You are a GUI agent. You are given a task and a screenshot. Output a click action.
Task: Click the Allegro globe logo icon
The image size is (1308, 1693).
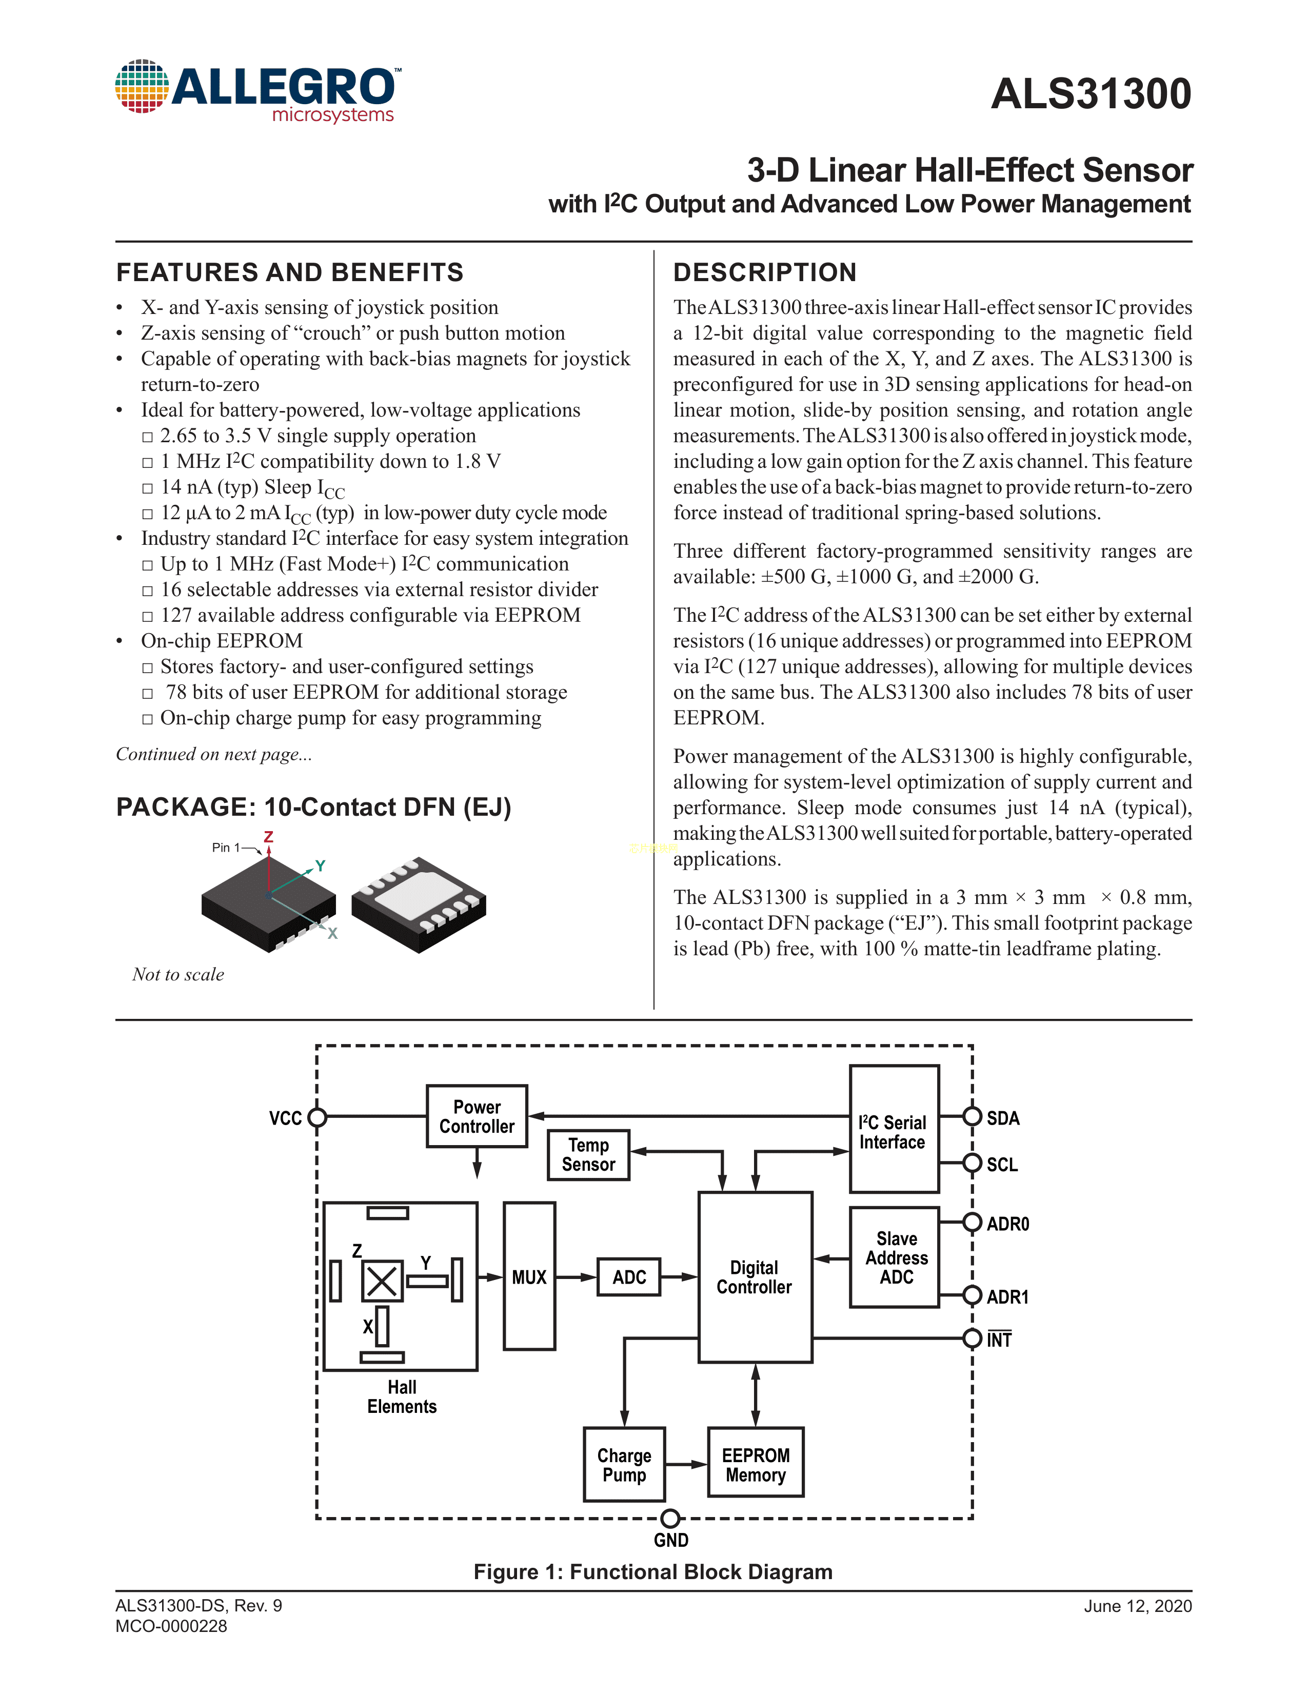142,86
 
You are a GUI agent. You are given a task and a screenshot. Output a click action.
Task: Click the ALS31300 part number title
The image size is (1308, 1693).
1091,94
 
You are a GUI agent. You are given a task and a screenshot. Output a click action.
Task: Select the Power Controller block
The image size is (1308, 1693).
477,1116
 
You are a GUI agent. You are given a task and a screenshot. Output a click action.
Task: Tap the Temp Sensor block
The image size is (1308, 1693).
588,1155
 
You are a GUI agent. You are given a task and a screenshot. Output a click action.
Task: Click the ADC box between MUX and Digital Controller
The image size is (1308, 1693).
628,1277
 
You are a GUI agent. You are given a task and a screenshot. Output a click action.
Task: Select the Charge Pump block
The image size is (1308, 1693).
624,1464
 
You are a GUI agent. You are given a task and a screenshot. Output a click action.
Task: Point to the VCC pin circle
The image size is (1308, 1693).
317,1117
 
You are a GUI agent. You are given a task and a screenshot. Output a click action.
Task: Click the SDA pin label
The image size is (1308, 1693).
1003,1118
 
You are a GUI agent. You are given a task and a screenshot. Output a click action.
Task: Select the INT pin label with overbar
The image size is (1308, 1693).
999,1340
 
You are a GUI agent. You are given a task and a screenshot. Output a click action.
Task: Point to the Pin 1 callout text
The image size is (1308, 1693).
226,848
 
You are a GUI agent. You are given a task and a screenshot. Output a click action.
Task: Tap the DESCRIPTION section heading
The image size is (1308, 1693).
765,273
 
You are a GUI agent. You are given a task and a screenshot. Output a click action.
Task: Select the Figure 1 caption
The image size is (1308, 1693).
653,1571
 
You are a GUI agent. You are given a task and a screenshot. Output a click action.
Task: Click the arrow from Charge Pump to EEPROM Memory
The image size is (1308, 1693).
686,1464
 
